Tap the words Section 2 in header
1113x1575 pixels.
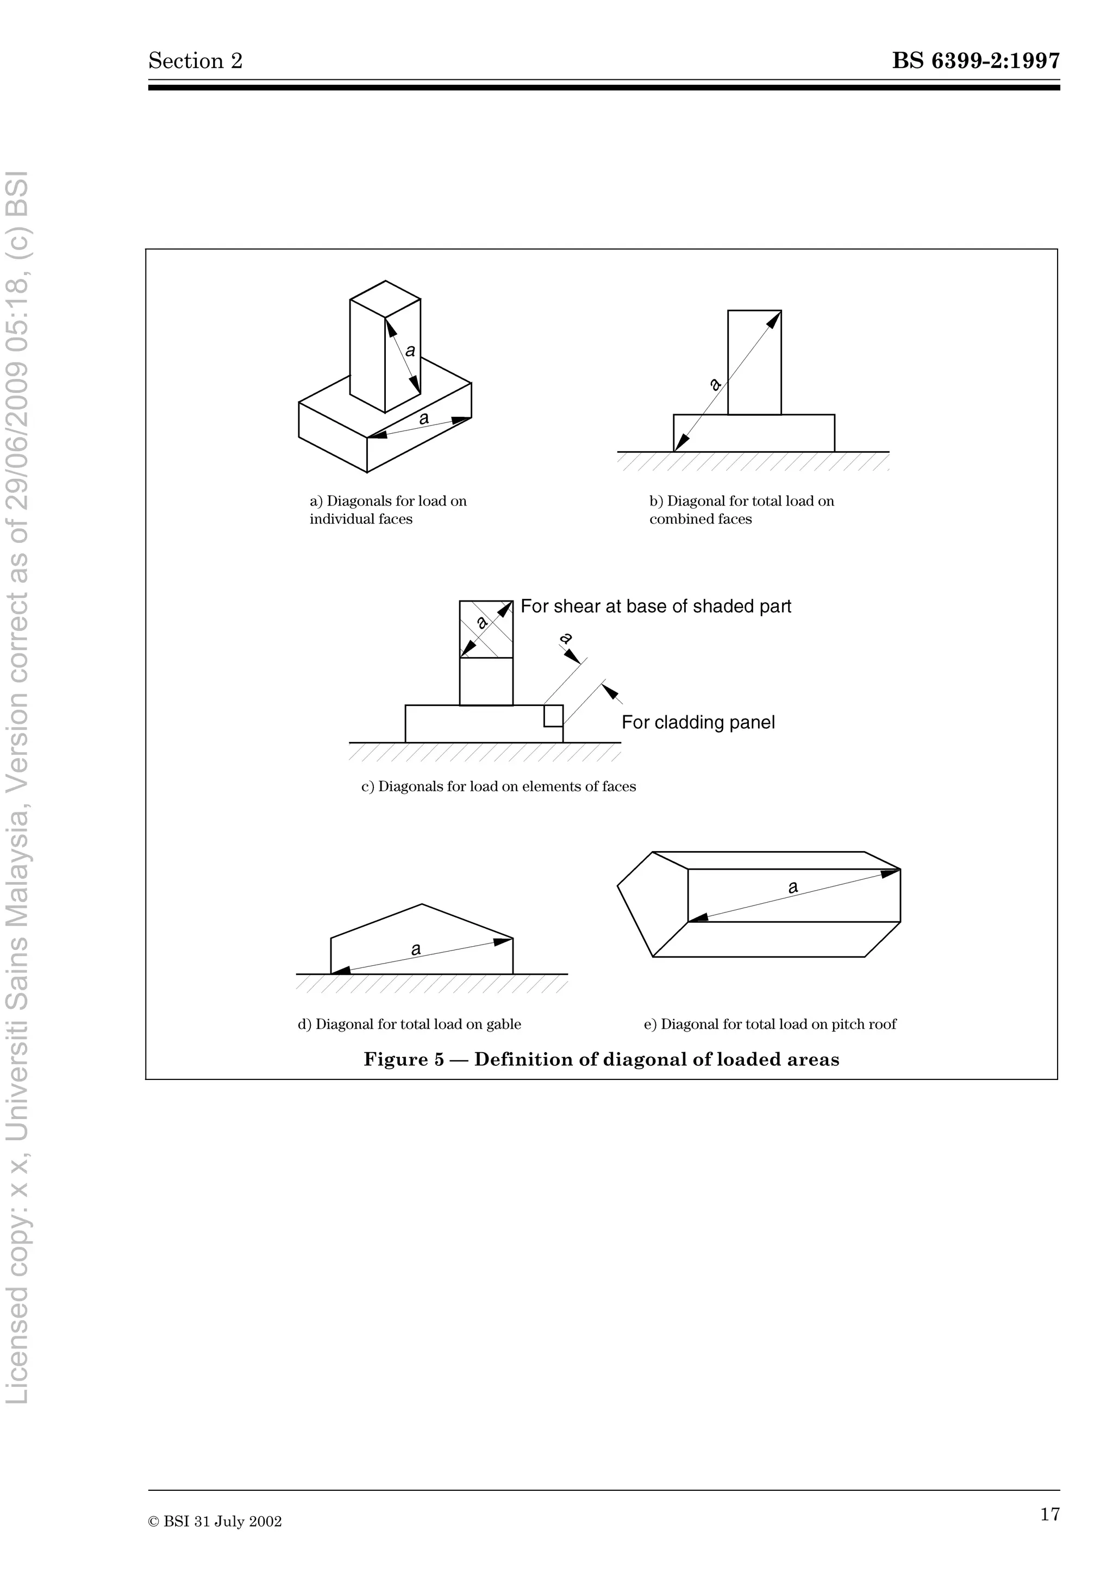pyautogui.click(x=196, y=61)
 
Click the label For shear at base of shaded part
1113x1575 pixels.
pyautogui.click(x=655, y=607)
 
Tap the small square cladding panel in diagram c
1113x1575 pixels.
pyautogui.click(x=553, y=715)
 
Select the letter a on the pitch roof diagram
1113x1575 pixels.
pyautogui.click(x=793, y=887)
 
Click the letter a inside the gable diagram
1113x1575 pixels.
pyautogui.click(x=416, y=949)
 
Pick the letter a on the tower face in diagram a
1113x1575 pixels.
pyautogui.click(x=410, y=351)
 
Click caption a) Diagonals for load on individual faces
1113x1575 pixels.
pyautogui.click(x=387, y=510)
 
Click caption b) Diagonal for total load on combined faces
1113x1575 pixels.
pyautogui.click(x=741, y=510)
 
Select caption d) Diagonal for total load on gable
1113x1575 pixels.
pyautogui.click(x=409, y=1024)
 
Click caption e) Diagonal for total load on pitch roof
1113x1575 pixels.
pyautogui.click(x=770, y=1024)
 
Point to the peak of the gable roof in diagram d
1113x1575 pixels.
pyautogui.click(x=422, y=904)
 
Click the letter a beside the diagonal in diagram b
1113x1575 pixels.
pyautogui.click(x=715, y=384)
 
